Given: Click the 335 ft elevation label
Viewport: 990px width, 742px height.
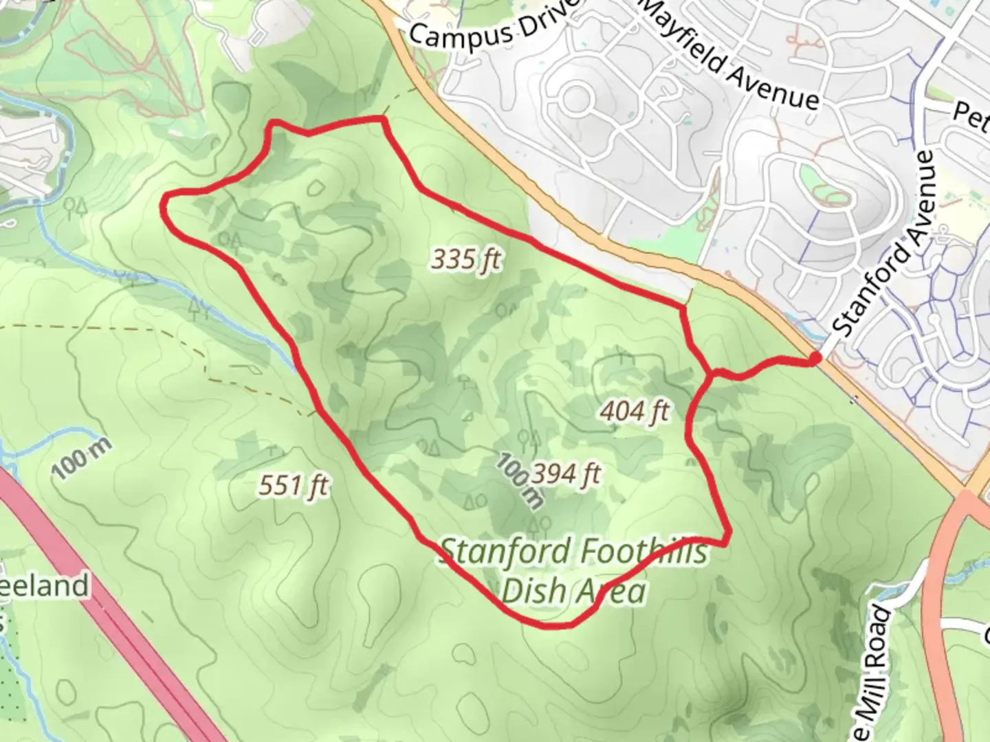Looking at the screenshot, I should (x=466, y=260).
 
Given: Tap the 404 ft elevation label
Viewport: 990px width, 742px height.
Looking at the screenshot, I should (x=635, y=412).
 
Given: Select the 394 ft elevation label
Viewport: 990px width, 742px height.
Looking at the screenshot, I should (x=566, y=473).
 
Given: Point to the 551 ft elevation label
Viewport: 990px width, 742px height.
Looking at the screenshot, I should (x=294, y=486).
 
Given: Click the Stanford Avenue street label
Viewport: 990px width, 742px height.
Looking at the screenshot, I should (x=884, y=244).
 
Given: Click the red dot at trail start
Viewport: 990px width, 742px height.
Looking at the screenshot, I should (x=815, y=358).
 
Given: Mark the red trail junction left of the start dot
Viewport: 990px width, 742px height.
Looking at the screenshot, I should (x=712, y=373).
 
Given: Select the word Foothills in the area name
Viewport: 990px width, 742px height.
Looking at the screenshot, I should (x=643, y=551).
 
